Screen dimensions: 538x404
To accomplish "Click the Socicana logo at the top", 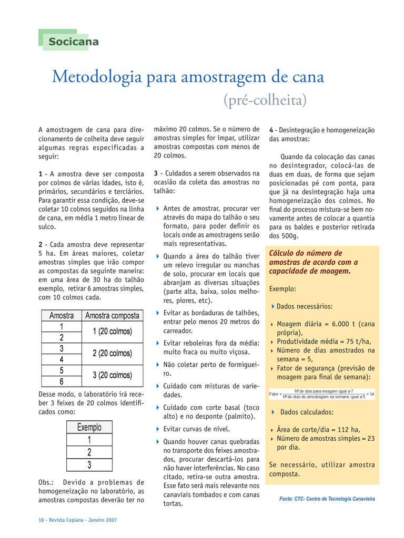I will (x=73, y=42).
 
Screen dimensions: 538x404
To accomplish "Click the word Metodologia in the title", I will (x=97, y=77).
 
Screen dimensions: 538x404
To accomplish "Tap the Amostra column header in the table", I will (x=62, y=316).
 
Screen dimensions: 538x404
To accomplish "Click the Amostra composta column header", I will (x=112, y=316).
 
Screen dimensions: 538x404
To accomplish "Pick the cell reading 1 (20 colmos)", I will (x=112, y=332).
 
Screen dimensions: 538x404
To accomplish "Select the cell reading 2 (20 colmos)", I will (x=112, y=354).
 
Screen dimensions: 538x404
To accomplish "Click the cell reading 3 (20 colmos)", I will (x=112, y=376).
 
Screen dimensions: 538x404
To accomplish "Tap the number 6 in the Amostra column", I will (x=62, y=381).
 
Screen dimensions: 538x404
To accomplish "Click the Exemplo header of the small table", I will (x=89, y=428).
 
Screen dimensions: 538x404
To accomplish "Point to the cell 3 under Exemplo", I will (x=89, y=465).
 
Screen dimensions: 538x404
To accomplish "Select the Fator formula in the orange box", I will (x=321, y=394).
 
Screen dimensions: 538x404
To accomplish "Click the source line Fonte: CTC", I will (x=327, y=499).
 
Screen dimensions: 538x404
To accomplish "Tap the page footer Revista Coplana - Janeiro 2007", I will (x=77, y=520).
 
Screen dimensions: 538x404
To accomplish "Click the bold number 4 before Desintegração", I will (x=271, y=130).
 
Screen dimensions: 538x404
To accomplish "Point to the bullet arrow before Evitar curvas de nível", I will (x=158, y=429).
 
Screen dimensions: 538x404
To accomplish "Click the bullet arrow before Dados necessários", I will (x=273, y=306).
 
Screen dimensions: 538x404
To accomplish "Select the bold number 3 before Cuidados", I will (x=156, y=173).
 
